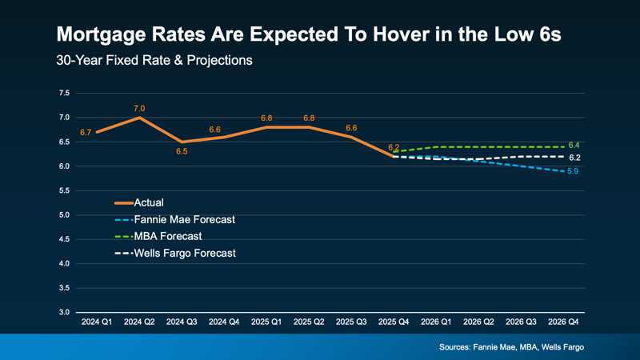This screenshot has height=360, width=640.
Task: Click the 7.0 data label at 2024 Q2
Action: click(x=139, y=108)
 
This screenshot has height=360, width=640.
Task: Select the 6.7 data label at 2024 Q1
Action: click(x=86, y=131)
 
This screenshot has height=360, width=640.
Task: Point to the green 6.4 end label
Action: click(x=574, y=145)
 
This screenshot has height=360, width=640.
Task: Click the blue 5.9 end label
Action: click(x=573, y=172)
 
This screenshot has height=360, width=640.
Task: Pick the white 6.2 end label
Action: click(x=574, y=158)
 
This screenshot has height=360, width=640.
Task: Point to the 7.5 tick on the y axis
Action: click(x=64, y=94)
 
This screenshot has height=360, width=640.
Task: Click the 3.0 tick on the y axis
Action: click(x=64, y=312)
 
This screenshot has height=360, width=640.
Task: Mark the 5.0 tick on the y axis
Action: click(x=64, y=215)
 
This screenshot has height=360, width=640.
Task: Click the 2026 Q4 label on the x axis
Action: click(x=564, y=322)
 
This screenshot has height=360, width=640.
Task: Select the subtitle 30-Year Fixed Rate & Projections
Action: click(x=154, y=61)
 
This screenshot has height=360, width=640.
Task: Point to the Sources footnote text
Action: click(x=512, y=346)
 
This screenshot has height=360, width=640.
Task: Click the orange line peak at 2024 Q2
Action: click(x=140, y=118)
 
